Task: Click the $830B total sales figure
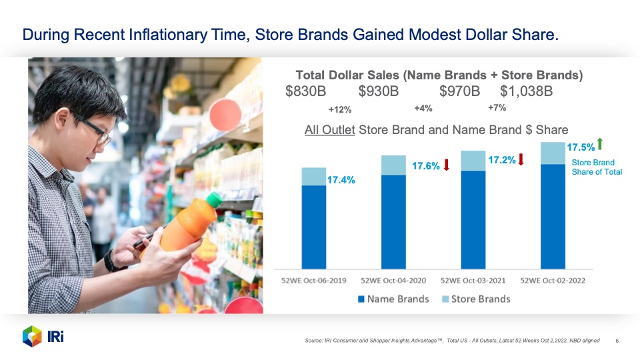tap(306, 91)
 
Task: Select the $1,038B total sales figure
tap(526, 91)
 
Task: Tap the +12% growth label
tap(340, 109)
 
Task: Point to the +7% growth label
tap(497, 108)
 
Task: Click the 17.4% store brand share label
tap(341, 180)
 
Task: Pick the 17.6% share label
tap(426, 166)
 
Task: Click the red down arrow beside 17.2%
tap(521, 159)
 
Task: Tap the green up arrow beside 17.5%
tap(600, 144)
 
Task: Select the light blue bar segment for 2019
tap(314, 177)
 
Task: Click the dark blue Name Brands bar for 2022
tap(553, 217)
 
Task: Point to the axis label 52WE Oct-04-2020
tap(393, 281)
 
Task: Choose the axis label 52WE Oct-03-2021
tap(473, 281)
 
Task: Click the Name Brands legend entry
tap(393, 299)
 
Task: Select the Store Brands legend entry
tap(476, 299)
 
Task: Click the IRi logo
tap(43, 337)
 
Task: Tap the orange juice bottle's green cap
tap(215, 199)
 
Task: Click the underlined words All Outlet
tap(330, 130)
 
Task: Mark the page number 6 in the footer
tap(617, 341)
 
